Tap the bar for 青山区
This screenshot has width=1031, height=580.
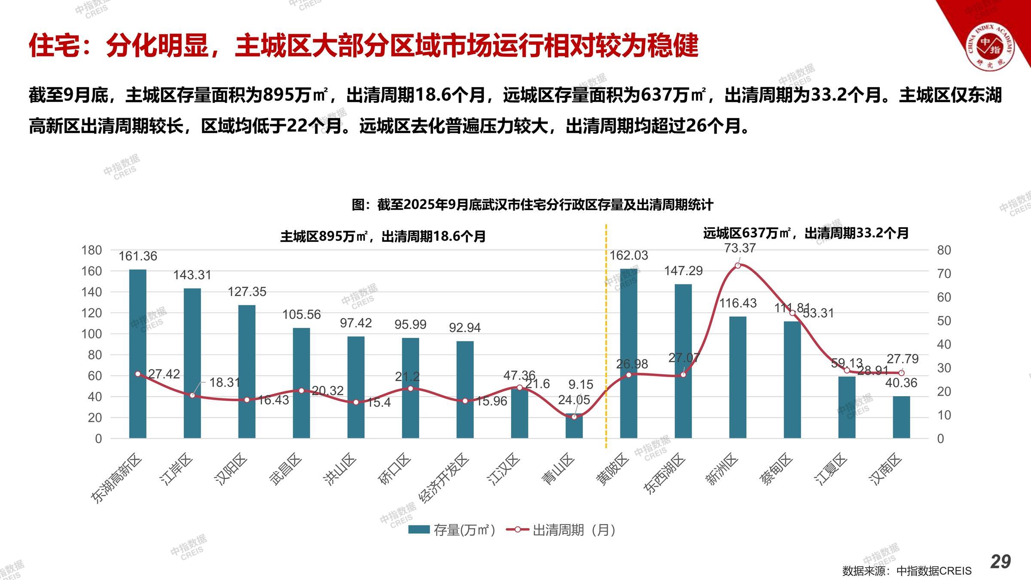point(574,426)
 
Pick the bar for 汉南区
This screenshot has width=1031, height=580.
point(901,417)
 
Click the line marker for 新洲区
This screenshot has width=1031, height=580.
point(738,266)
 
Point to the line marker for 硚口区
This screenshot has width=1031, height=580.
point(410,388)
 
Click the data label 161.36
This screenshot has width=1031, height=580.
point(137,256)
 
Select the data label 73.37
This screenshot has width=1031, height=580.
point(740,248)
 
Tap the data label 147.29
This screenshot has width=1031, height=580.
point(683,271)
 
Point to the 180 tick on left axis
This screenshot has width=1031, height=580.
point(92,250)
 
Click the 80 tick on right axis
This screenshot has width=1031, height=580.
point(944,250)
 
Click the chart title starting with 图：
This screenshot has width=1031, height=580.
point(532,205)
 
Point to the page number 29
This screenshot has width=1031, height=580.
point(1000,562)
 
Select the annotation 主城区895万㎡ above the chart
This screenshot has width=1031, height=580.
point(383,236)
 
